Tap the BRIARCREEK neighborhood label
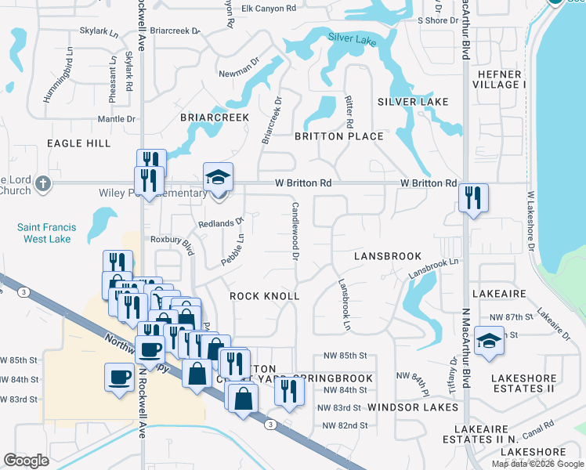pyautogui.click(x=215, y=117)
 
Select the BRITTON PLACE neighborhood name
pyautogui.click(x=338, y=136)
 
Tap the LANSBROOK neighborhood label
pyautogui.click(x=388, y=256)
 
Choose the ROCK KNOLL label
pyautogui.click(x=265, y=296)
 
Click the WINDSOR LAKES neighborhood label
pyautogui.click(x=413, y=407)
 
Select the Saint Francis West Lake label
pyautogui.click(x=45, y=233)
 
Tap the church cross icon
pyautogui.click(x=44, y=183)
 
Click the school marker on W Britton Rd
pyautogui.click(x=219, y=177)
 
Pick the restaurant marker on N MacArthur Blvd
pyautogui.click(x=473, y=198)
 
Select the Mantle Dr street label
pyautogui.click(x=117, y=119)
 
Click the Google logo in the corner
pyautogui.click(x=27, y=460)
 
